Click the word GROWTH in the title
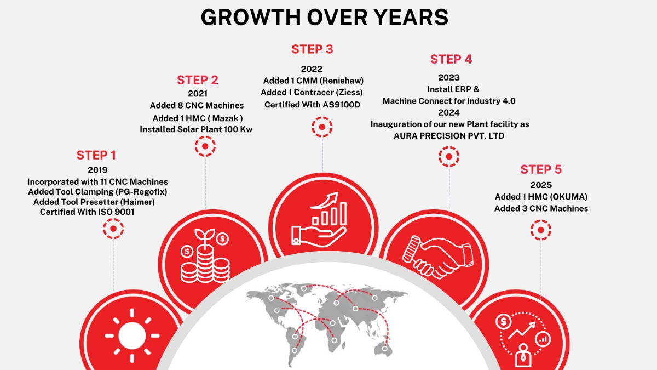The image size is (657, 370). [x=251, y=17]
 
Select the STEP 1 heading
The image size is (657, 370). [x=96, y=155]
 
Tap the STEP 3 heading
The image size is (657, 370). [x=312, y=49]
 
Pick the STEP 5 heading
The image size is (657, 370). [x=541, y=169]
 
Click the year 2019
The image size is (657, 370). [x=97, y=170]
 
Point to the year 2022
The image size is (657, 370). [x=312, y=69]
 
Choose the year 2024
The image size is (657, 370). [x=449, y=112]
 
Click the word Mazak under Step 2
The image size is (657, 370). [x=225, y=118]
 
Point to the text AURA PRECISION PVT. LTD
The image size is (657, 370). [x=449, y=136]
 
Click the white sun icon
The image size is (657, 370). [x=132, y=335]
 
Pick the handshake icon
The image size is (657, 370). [x=437, y=257]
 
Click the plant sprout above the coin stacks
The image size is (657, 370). [x=205, y=236]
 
